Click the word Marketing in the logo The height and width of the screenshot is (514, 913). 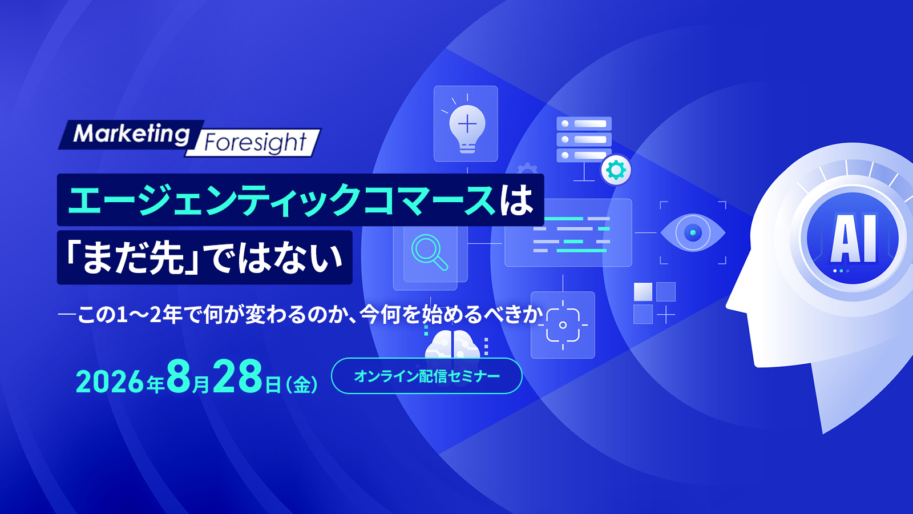pyautogui.click(x=132, y=134)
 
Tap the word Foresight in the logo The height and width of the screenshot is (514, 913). pyautogui.click(x=255, y=143)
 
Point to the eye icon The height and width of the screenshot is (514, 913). pyautogui.click(x=693, y=233)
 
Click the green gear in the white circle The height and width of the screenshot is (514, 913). pyautogui.click(x=616, y=170)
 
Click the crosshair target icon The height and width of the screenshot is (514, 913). pyautogui.click(x=563, y=325)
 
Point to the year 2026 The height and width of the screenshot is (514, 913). pyautogui.click(x=110, y=382)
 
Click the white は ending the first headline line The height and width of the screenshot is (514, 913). pyautogui.click(x=517, y=200)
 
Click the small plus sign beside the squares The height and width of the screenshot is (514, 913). pyautogui.click(x=666, y=315)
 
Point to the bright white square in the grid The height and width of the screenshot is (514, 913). pyautogui.click(x=643, y=292)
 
